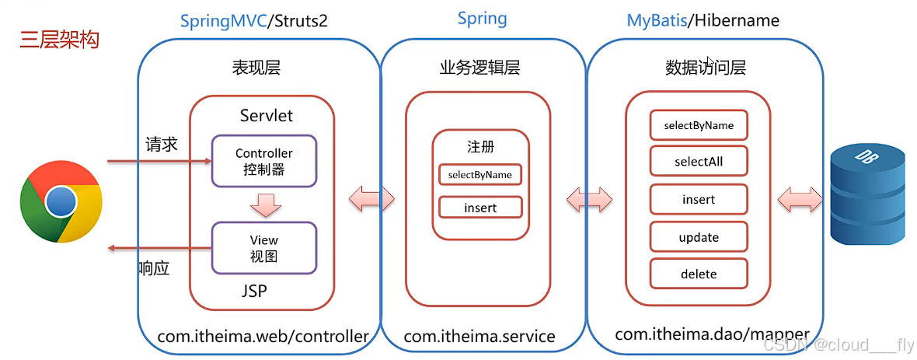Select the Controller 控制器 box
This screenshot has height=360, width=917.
tap(264, 161)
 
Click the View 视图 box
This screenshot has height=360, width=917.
tap(264, 247)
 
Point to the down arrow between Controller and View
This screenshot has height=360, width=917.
tap(265, 205)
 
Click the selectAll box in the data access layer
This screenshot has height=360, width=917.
tap(699, 162)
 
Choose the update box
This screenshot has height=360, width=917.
tap(699, 237)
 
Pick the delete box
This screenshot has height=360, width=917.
tap(699, 274)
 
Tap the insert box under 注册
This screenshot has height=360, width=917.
tap(480, 208)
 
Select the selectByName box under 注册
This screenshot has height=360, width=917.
tap(480, 175)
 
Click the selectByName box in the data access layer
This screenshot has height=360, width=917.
tap(699, 125)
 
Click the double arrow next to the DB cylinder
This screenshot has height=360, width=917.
tap(799, 199)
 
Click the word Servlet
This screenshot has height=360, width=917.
tap(267, 115)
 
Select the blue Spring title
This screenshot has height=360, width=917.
tap(482, 19)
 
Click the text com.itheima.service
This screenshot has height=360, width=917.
tap(479, 337)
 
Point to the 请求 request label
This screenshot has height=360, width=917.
tap(162, 145)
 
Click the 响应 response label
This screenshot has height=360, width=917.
tap(153, 268)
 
